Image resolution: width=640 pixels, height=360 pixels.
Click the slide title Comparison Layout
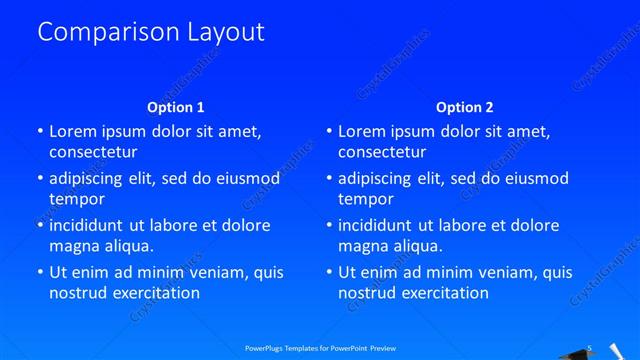(x=151, y=32)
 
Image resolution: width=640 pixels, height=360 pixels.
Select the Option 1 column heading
(x=176, y=107)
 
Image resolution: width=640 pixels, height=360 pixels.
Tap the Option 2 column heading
(x=465, y=107)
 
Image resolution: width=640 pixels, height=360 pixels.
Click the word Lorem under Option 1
(x=73, y=131)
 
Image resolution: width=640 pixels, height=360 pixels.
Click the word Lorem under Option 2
(x=362, y=131)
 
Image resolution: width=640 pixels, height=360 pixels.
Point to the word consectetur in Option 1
(x=93, y=152)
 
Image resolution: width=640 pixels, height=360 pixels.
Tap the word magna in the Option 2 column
(x=362, y=246)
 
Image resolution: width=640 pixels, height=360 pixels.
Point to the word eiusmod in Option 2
(x=534, y=179)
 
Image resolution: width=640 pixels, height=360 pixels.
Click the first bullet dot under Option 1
(x=40, y=132)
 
